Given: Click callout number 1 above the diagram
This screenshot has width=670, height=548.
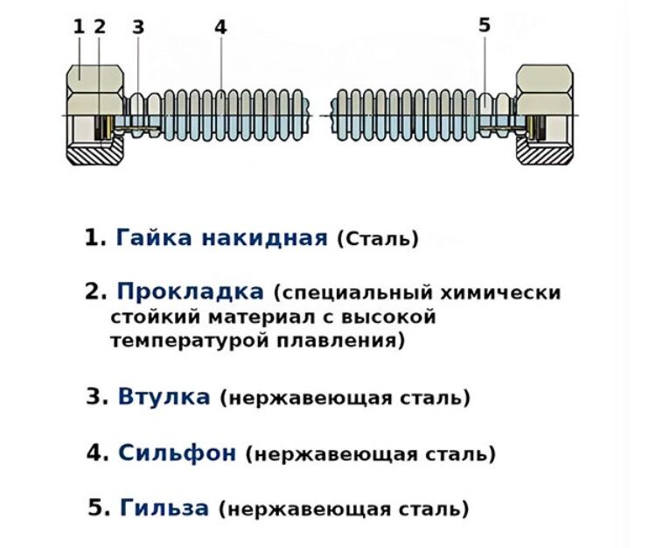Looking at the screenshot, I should pyautogui.click(x=79, y=26).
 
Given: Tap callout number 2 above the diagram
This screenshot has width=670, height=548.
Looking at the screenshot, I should pyautogui.click(x=100, y=26).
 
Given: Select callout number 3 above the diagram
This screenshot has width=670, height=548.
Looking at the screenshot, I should pyautogui.click(x=137, y=26).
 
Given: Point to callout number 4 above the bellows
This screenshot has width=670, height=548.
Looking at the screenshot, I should pyautogui.click(x=220, y=27).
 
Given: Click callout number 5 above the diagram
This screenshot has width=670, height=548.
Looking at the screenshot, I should pyautogui.click(x=485, y=25).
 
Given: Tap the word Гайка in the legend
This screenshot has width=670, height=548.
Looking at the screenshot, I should pyautogui.click(x=155, y=237).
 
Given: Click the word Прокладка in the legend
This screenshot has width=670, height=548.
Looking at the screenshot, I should pyautogui.click(x=190, y=291).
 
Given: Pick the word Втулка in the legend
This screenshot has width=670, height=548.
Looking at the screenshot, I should pyautogui.click(x=164, y=397).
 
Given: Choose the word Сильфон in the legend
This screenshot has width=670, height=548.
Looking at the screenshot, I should pyautogui.click(x=177, y=453).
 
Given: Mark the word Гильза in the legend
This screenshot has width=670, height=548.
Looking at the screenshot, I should pyautogui.click(x=164, y=508).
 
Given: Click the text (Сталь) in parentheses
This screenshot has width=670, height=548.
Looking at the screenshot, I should pyautogui.click(x=378, y=238).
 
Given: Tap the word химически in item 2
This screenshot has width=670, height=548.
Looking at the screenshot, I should pyautogui.click(x=511, y=292).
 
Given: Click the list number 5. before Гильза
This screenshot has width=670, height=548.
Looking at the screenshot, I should pyautogui.click(x=101, y=508).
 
